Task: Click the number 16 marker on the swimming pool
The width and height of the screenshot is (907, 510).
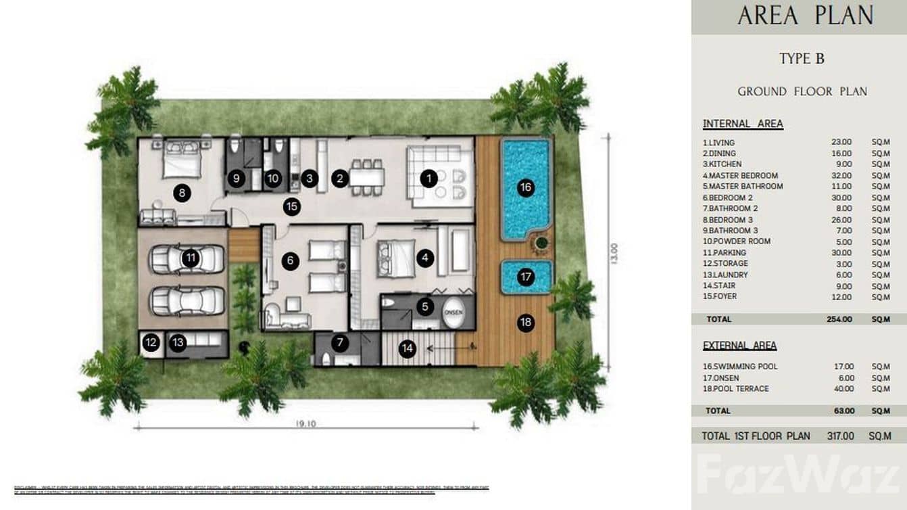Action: pos(525,188)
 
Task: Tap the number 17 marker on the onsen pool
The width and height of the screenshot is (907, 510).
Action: pos(525,277)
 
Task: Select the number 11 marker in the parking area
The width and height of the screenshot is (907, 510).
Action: pos(190,257)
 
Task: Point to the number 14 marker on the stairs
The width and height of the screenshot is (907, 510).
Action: pos(407,349)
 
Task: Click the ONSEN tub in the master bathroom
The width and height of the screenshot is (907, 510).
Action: pos(453,312)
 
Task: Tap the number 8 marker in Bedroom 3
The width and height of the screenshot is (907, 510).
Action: pos(180,193)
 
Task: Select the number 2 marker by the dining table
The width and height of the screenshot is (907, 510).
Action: pos(339,179)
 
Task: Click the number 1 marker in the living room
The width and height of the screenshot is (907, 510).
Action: pos(428,179)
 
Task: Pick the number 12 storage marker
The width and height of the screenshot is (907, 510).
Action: pos(151,343)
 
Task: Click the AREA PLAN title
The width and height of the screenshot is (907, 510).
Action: pos(805,16)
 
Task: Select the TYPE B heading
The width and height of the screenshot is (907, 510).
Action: pos(802,59)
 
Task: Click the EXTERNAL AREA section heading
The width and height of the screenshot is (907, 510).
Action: pos(739,346)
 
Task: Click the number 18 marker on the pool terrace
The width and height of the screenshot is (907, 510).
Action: pos(525,323)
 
